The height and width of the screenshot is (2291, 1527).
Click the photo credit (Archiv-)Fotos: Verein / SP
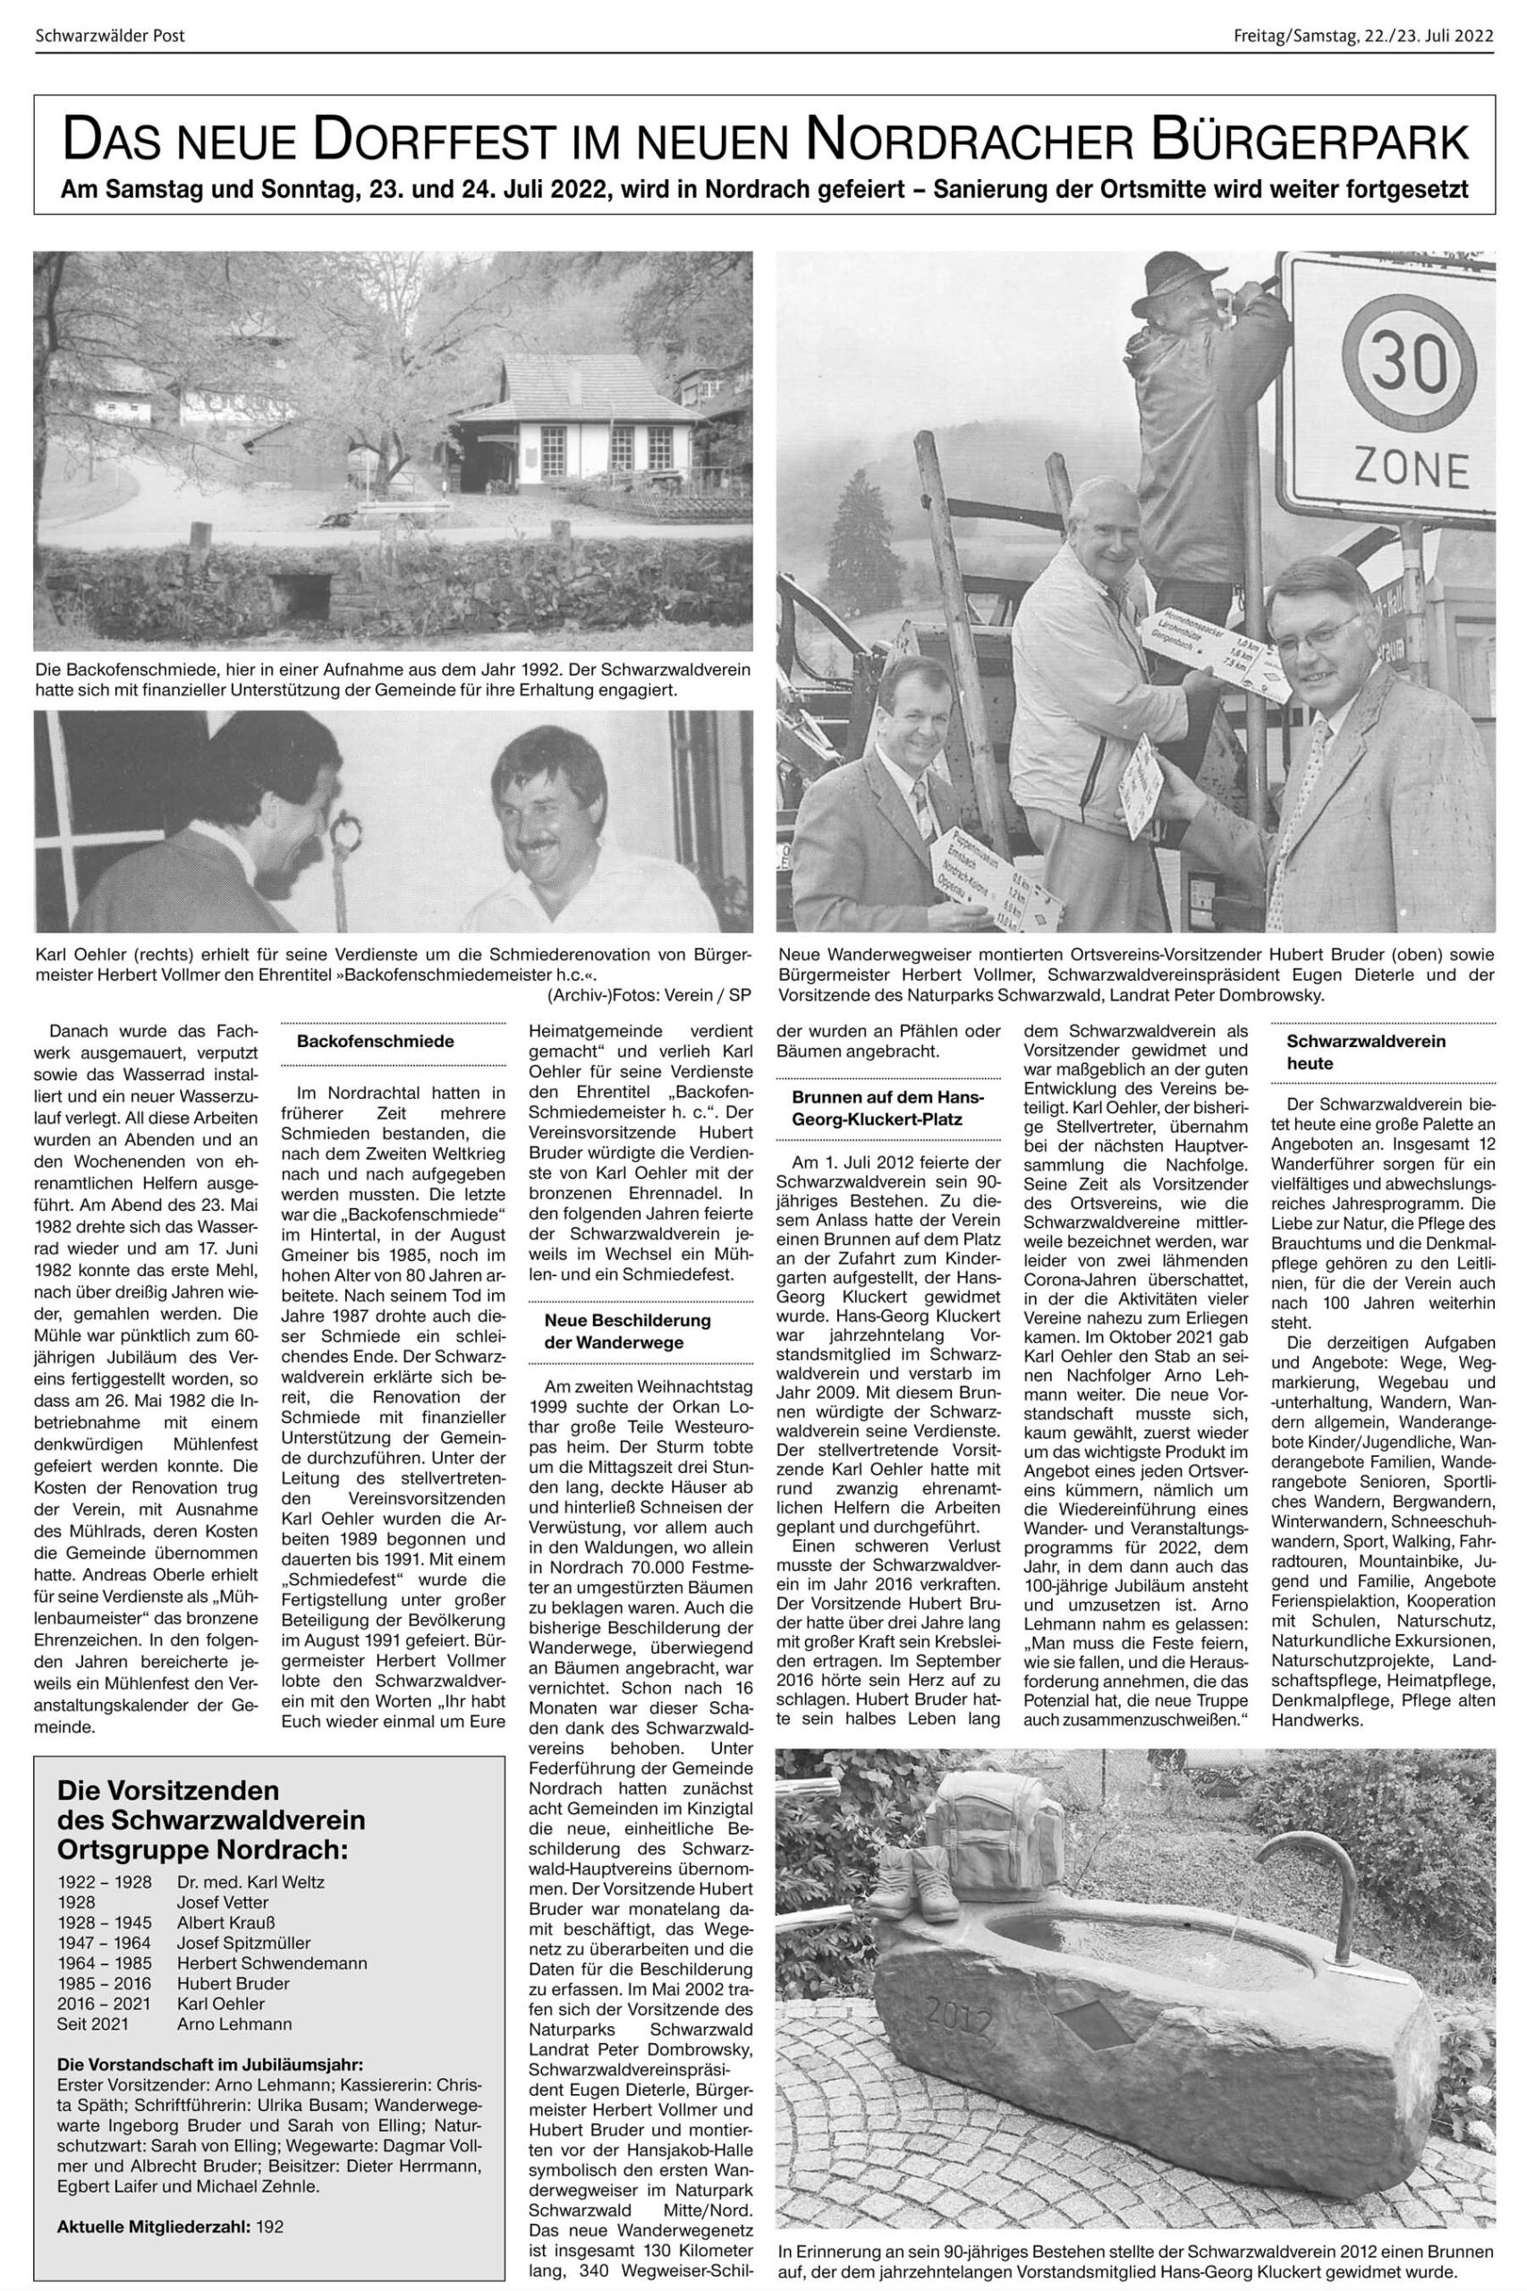[649, 992]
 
